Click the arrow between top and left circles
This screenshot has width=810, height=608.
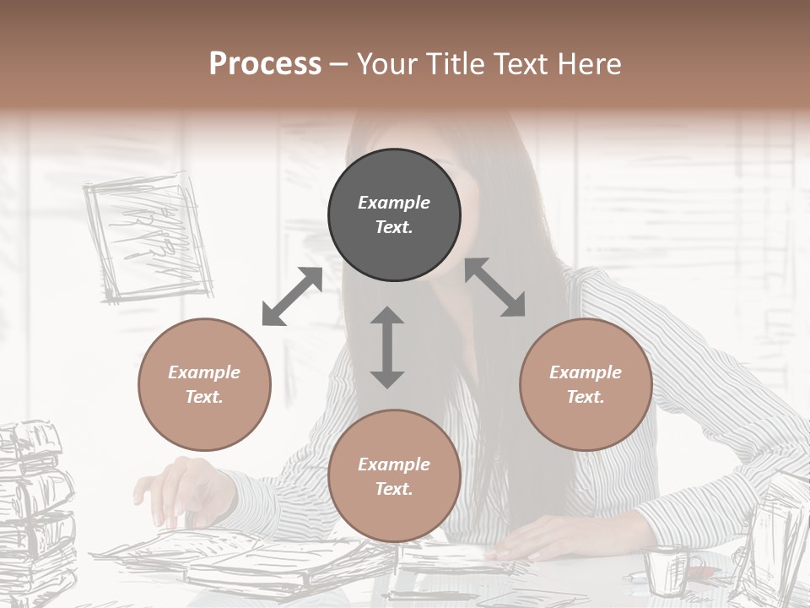point(292,296)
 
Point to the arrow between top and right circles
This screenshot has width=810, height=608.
point(495,287)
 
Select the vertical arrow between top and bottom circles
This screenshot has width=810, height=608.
point(387,347)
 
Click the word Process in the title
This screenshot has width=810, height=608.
point(265,63)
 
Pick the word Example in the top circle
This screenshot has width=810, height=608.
point(394,203)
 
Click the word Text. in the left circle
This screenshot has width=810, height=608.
point(204,397)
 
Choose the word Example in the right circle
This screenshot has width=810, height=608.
point(586,372)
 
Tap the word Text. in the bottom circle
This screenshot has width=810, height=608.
point(394,489)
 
